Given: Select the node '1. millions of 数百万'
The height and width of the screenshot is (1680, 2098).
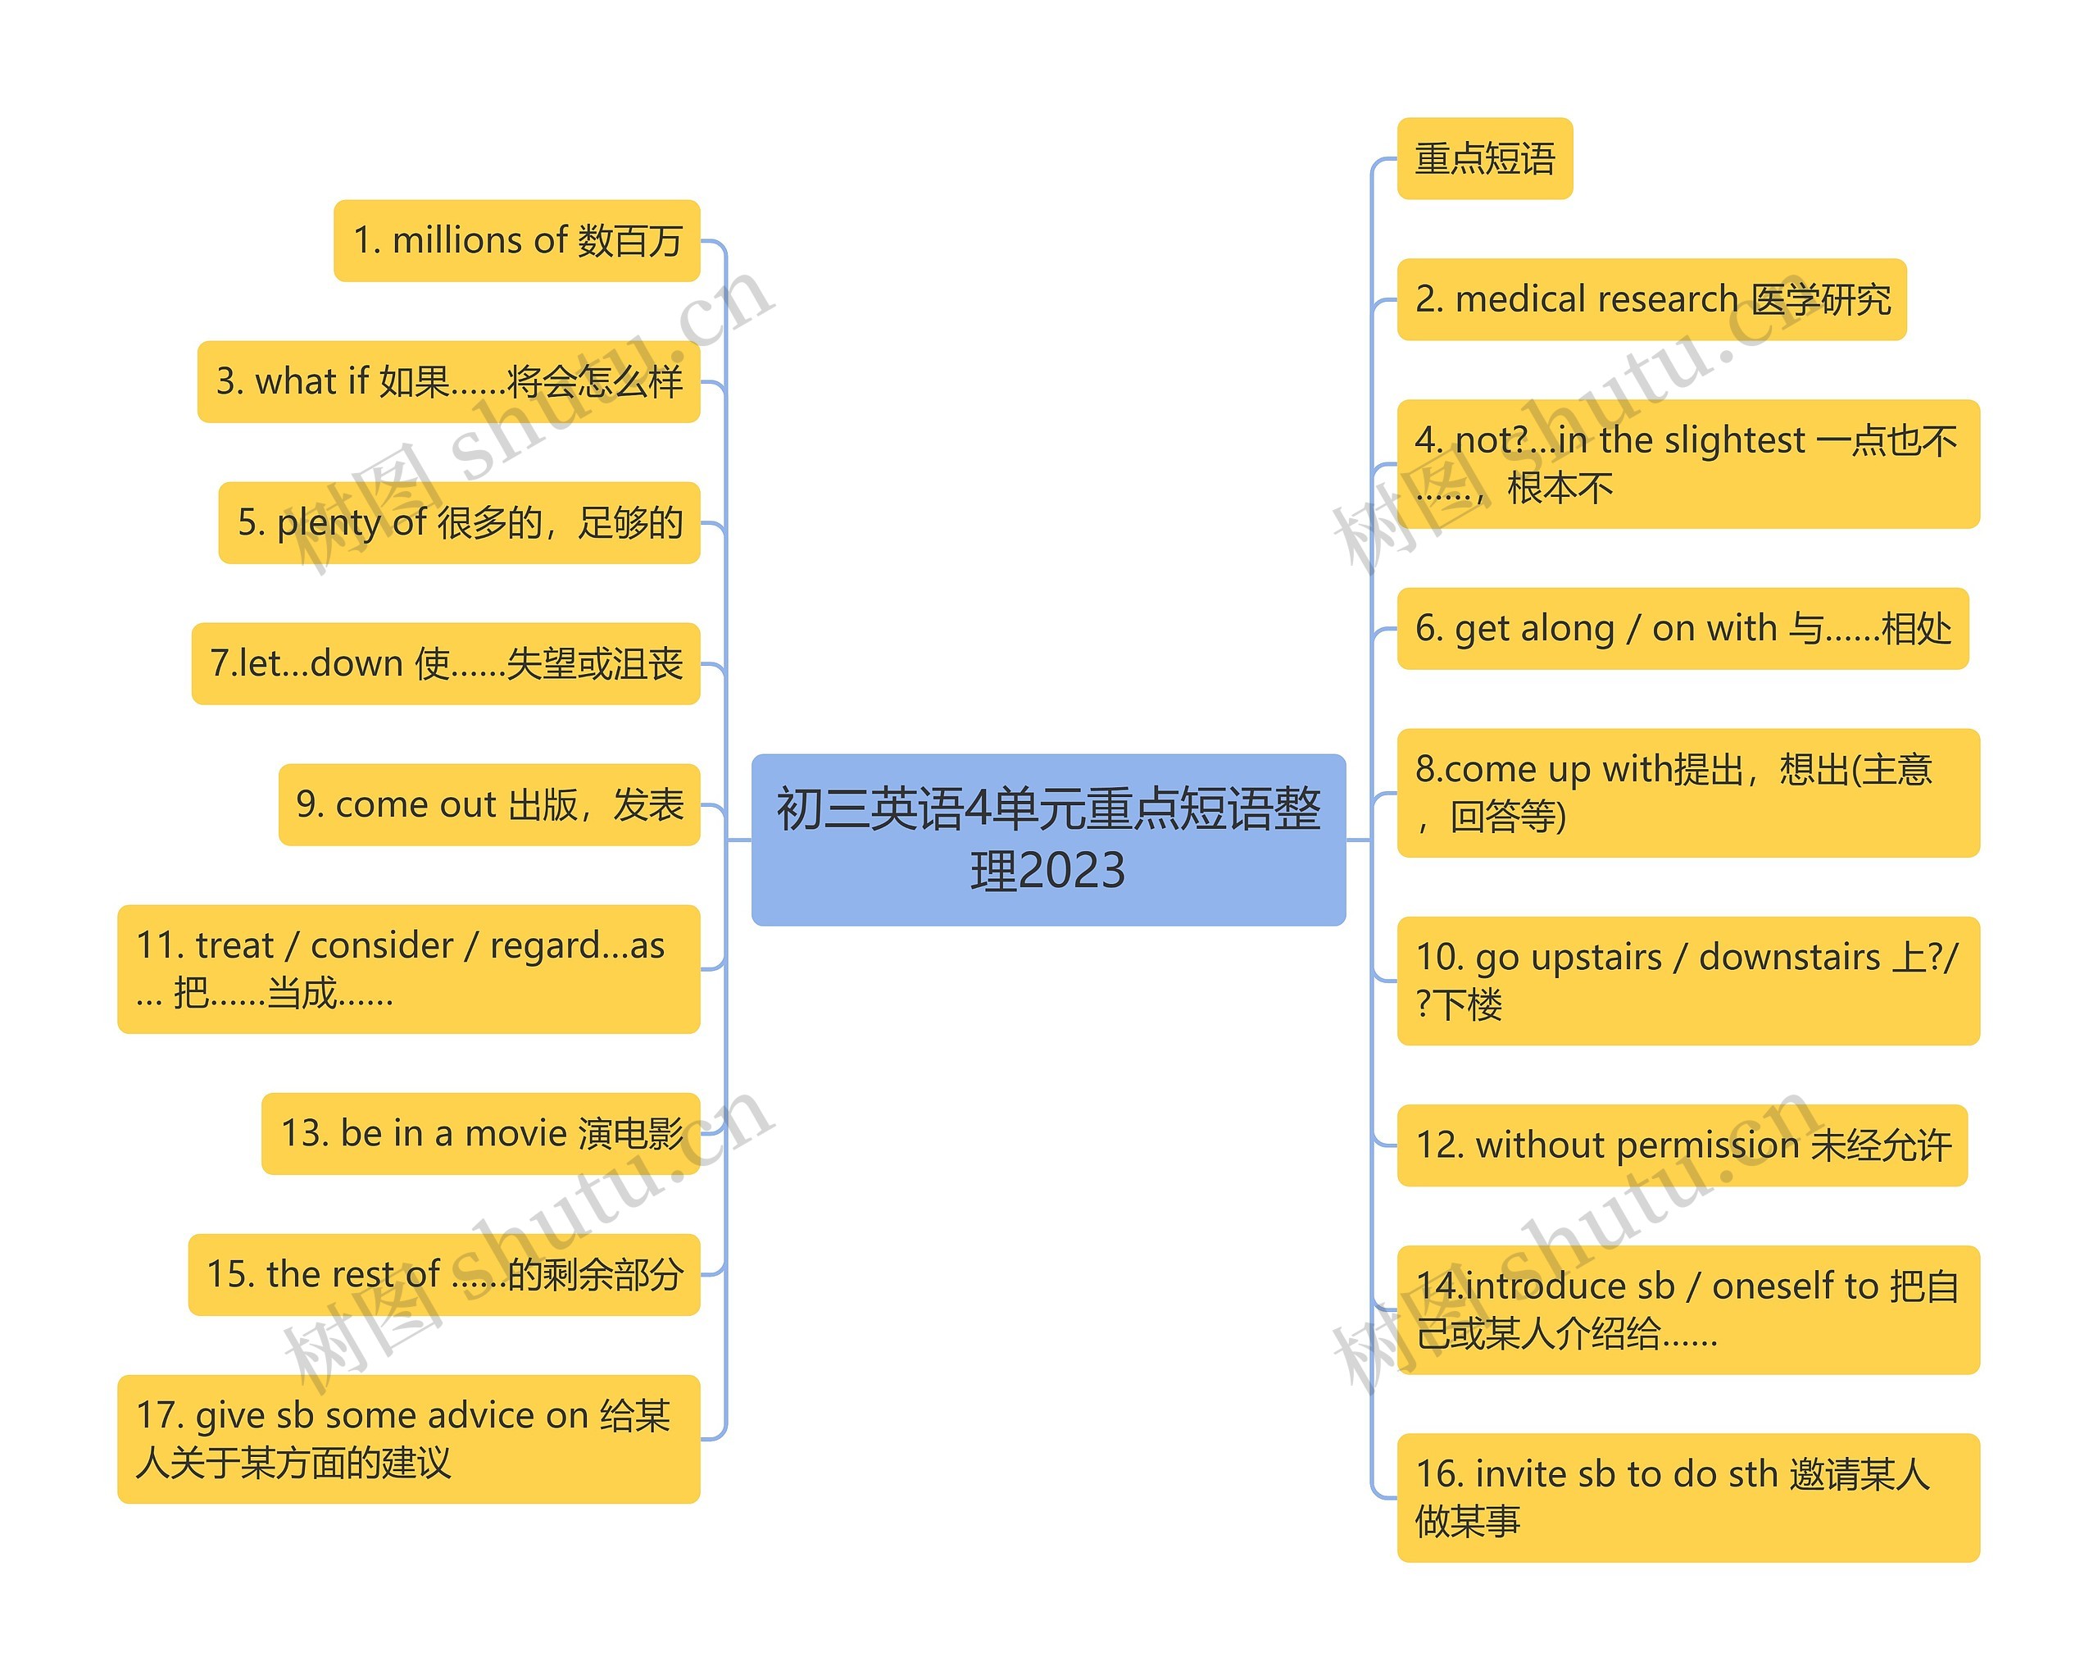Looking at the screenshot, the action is pos(517,240).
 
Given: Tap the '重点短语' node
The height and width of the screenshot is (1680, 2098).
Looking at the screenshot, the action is pos(1484,159).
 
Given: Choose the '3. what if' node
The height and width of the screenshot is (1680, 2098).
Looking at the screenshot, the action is pos(448,381).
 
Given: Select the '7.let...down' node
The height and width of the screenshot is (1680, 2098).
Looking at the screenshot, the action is pos(446,664).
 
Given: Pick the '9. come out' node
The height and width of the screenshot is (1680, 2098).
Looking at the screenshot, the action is pos(489,805).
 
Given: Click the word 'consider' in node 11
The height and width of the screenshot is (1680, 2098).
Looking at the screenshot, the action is pos(381,945).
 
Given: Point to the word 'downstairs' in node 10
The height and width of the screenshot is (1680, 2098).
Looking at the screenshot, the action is pos(1788,957).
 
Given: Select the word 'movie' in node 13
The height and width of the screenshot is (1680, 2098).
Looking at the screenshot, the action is pos(515,1133).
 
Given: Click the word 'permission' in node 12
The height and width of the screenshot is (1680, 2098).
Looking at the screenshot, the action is pos(1708,1145).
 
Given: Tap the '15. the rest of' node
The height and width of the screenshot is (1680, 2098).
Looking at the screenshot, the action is pos(445,1274).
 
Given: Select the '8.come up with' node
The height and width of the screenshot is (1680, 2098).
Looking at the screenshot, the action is pos(1687,792).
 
